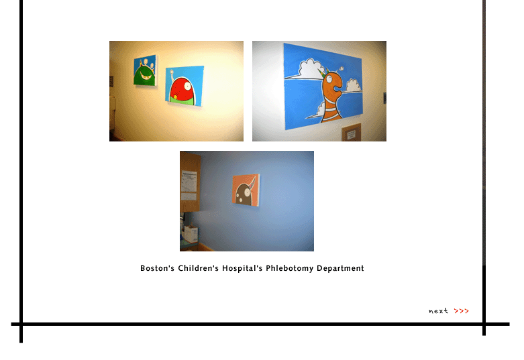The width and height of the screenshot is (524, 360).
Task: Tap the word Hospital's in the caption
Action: click(242, 269)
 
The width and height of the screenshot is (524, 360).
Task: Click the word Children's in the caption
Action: click(198, 268)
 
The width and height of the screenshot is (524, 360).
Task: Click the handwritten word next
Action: click(438, 311)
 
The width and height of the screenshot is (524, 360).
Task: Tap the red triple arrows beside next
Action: click(461, 311)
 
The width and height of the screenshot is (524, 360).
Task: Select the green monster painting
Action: click(145, 70)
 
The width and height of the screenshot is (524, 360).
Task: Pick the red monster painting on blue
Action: click(185, 86)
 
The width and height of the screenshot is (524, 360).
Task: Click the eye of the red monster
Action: click(187, 86)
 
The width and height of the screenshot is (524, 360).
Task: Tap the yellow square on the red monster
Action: click(174, 97)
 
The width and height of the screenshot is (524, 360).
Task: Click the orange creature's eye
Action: click(329, 79)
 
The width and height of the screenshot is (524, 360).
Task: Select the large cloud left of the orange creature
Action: click(311, 68)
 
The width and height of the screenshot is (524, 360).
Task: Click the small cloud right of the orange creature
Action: click(353, 86)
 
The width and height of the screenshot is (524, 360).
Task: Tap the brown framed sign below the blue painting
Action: click(351, 133)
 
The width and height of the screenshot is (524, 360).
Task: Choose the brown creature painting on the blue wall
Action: click(246, 189)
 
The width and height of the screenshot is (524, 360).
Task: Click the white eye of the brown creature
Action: click(248, 192)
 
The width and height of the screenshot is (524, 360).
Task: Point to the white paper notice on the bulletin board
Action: click(189, 181)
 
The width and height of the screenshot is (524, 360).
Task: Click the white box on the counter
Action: click(191, 234)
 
